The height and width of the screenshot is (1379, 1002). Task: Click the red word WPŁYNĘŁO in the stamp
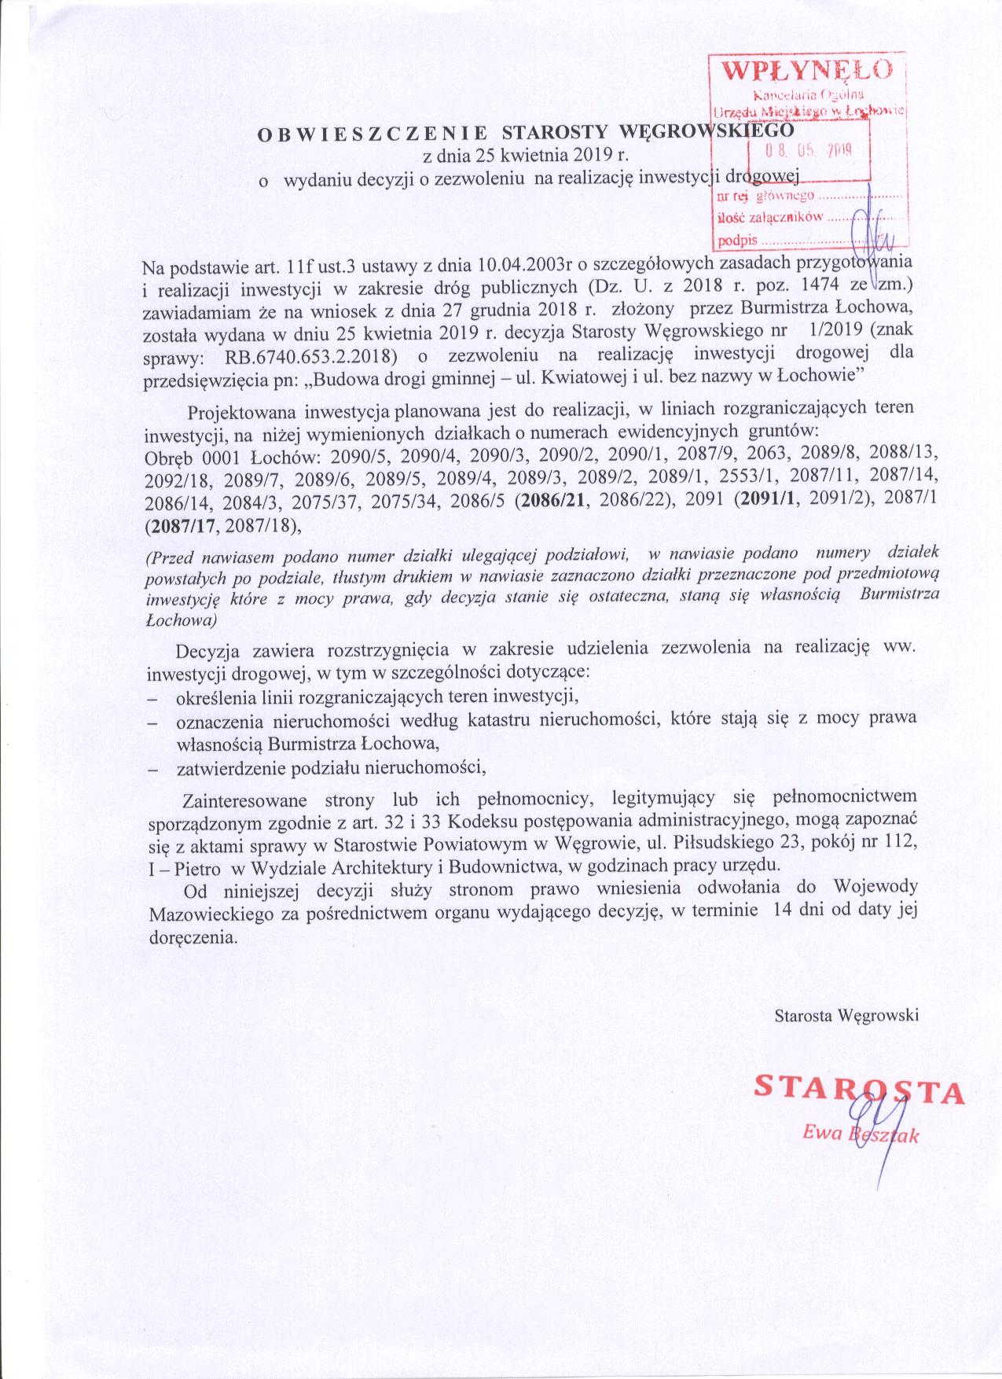pyautogui.click(x=807, y=70)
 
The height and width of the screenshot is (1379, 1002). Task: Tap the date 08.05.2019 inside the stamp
pyautogui.click(x=810, y=149)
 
